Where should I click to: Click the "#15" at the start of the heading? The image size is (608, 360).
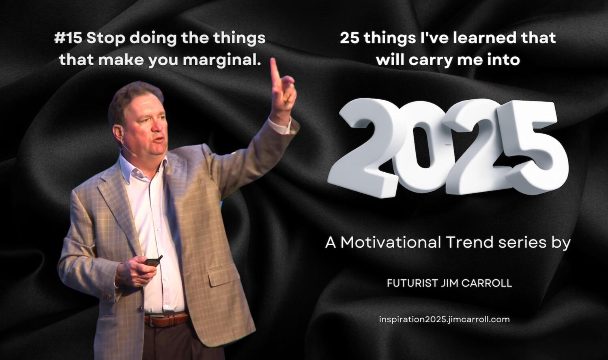(x=68, y=38)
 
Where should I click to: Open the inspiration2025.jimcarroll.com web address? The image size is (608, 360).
(x=444, y=319)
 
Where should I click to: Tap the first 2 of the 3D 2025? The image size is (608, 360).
(x=364, y=148)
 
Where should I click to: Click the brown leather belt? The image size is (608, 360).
(x=165, y=319)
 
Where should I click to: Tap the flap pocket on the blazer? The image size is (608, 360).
(x=223, y=275)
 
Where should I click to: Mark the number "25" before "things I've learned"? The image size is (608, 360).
(x=350, y=38)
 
